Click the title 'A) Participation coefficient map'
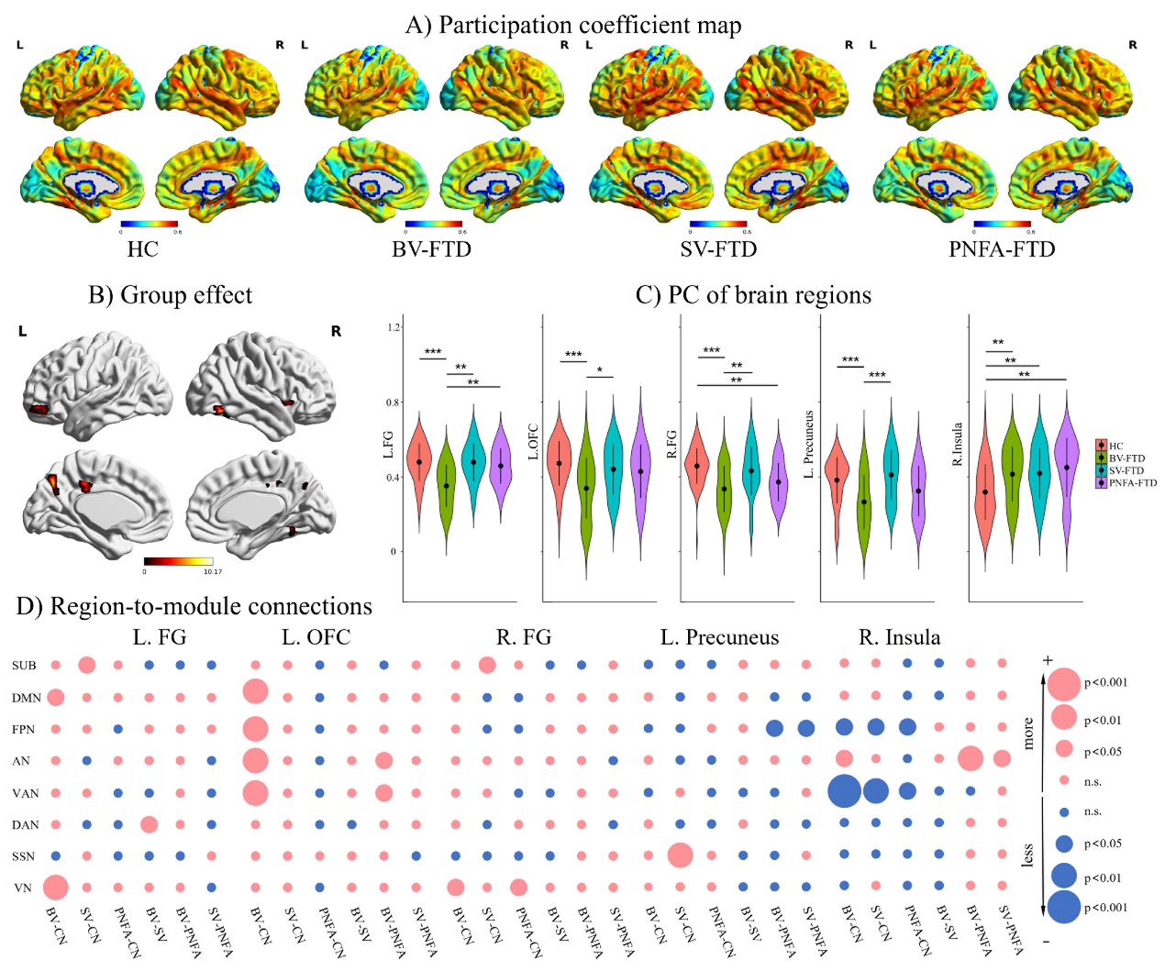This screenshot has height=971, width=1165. click(x=573, y=25)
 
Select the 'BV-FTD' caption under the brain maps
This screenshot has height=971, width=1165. click(x=431, y=249)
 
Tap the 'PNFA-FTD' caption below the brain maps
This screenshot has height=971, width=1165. click(x=1002, y=249)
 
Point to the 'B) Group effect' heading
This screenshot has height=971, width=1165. click(x=170, y=295)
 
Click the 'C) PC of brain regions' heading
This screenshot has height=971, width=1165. click(x=753, y=295)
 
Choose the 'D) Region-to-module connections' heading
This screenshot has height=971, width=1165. click(x=194, y=606)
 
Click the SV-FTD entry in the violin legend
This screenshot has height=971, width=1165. click(x=1126, y=470)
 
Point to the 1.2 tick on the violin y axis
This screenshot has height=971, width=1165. click(x=394, y=327)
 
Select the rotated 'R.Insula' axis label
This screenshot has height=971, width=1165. click(x=957, y=444)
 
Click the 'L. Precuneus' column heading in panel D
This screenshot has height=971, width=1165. click(x=719, y=637)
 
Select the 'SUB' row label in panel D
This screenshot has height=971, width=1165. click(x=25, y=666)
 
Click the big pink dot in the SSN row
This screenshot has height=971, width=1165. click(x=680, y=855)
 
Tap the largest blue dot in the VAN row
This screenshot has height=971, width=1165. click(x=844, y=791)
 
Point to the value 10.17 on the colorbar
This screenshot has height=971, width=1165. click(x=212, y=571)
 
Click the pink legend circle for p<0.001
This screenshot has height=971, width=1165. click(x=1064, y=684)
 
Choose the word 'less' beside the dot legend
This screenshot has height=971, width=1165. click(x=1027, y=855)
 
